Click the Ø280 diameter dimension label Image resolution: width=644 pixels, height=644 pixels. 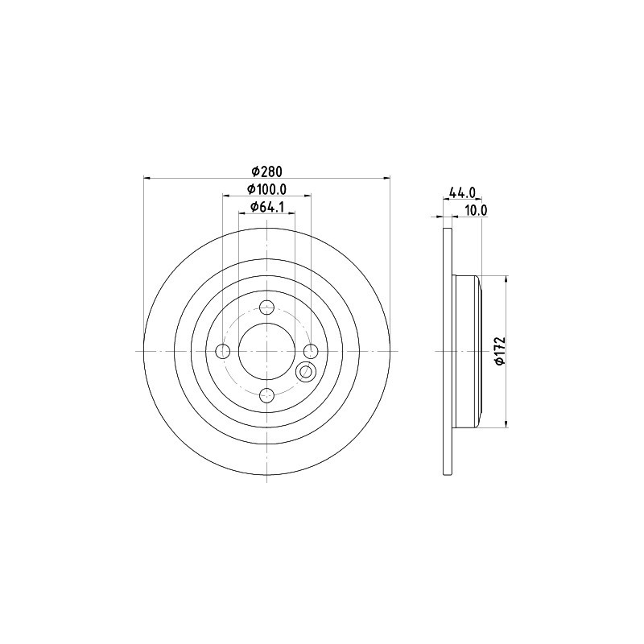point(266,171)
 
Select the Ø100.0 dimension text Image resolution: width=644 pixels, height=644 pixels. point(266,189)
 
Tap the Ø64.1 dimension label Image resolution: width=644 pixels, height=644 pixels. point(267,207)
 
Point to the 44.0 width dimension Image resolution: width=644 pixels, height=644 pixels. point(462,192)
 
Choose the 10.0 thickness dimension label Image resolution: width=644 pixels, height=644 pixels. point(476,210)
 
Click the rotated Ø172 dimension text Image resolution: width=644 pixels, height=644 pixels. point(499,351)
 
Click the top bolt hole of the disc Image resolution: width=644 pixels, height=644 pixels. point(267,307)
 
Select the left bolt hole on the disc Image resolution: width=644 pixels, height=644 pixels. point(223,351)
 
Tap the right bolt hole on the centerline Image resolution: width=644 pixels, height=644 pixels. point(311,351)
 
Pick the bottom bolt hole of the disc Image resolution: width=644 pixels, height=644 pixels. point(267,395)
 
